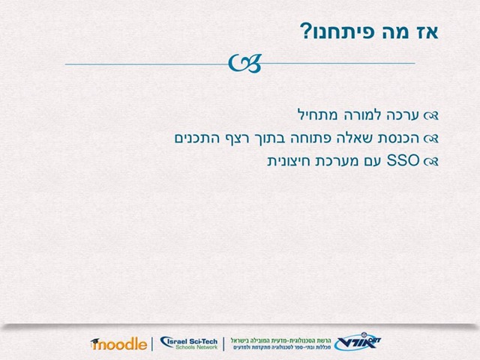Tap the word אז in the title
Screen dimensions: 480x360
pos(427,31)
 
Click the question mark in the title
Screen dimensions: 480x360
pos(305,31)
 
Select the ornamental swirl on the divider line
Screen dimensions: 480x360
pos(245,63)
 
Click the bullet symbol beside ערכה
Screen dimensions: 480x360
pos(431,115)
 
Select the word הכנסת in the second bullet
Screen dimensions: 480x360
pos(397,138)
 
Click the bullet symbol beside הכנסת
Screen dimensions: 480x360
pos(431,139)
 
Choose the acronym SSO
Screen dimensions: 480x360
pos(403,160)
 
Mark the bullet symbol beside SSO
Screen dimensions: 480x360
pos(431,161)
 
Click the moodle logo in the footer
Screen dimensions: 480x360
pos(118,343)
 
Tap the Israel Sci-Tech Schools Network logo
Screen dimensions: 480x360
pos(189,343)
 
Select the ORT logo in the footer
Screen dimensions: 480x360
pos(358,341)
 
